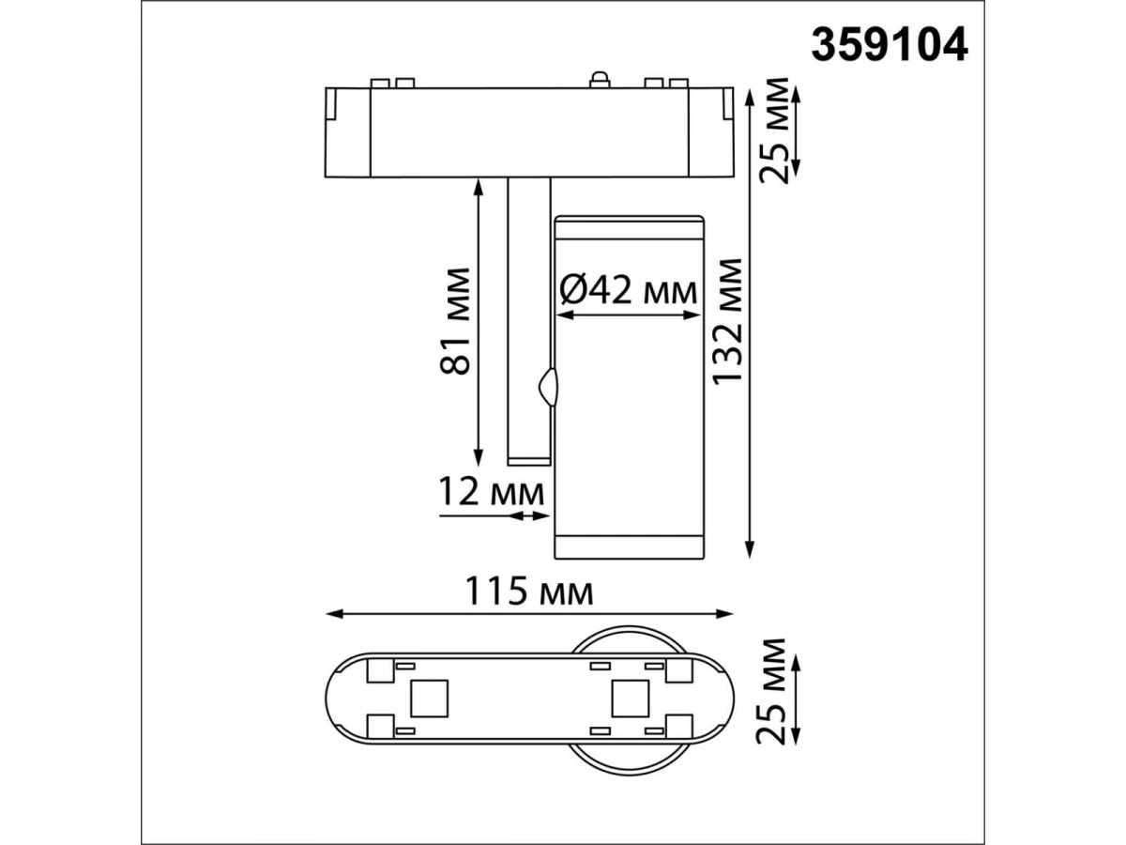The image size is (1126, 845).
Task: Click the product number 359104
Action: pyautogui.click(x=889, y=45)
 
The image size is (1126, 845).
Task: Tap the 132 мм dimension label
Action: pyautogui.click(x=727, y=321)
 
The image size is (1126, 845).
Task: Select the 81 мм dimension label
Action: pyautogui.click(x=455, y=320)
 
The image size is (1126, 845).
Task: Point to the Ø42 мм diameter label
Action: pyautogui.click(x=629, y=291)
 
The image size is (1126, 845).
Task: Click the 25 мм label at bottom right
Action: pyautogui.click(x=770, y=691)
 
